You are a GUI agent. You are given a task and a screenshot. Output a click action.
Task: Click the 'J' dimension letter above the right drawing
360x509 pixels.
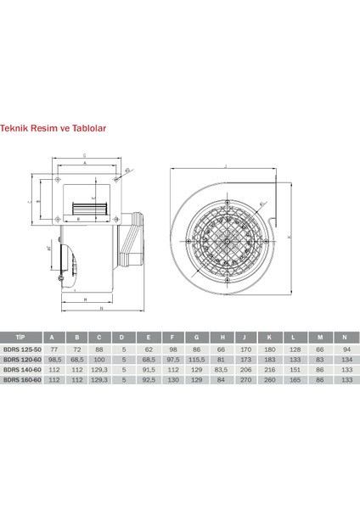[226, 165]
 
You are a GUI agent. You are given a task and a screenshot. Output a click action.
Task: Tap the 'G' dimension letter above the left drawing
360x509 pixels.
[85, 155]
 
